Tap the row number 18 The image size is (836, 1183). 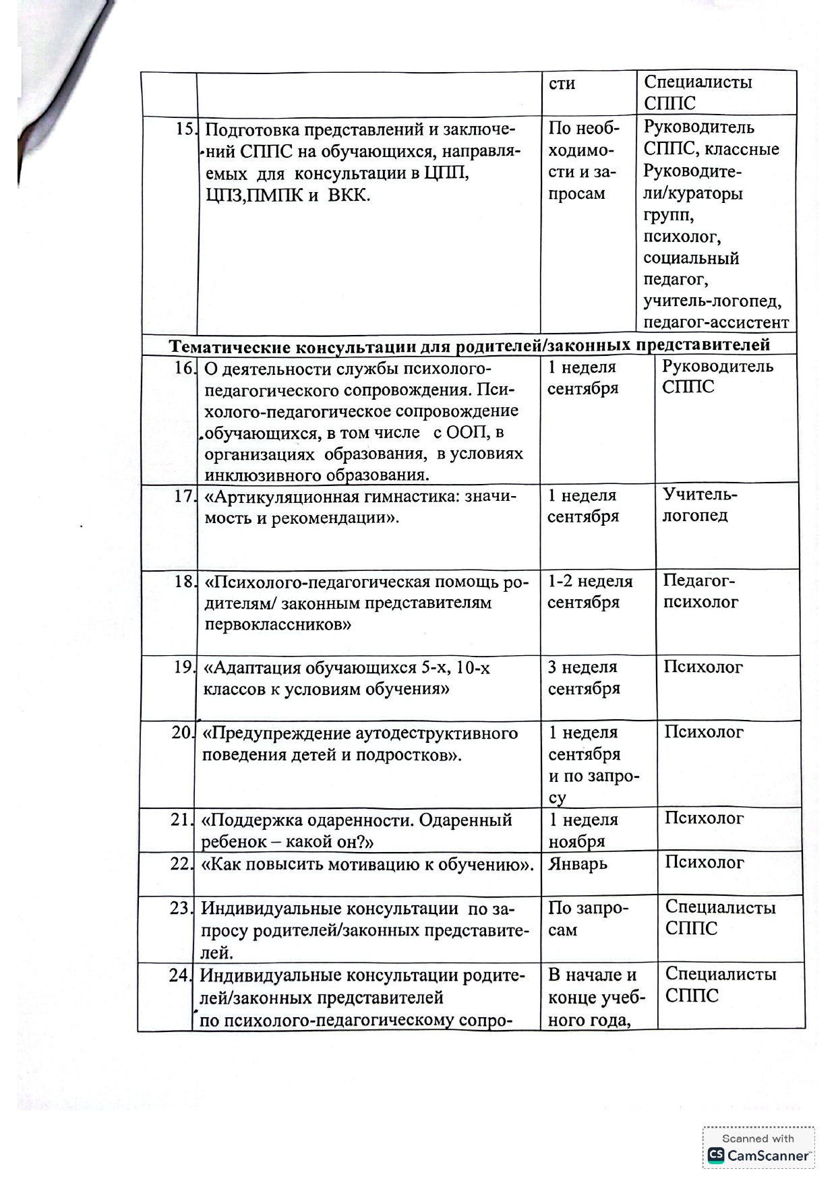[x=183, y=581]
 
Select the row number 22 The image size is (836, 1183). [x=181, y=863]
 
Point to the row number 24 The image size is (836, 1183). [x=180, y=975]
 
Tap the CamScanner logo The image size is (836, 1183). [x=715, y=1155]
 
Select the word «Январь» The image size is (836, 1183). [x=578, y=863]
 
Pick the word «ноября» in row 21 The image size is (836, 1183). [x=576, y=841]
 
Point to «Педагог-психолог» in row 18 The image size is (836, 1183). [x=700, y=591]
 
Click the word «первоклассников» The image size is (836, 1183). [x=278, y=624]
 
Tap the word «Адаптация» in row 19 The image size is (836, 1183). [x=256, y=668]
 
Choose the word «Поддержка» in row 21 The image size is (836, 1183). [x=256, y=820]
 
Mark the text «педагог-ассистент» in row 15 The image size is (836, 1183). [x=716, y=322]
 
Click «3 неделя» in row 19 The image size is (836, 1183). [x=583, y=667]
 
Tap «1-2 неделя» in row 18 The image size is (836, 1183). [x=590, y=581]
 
